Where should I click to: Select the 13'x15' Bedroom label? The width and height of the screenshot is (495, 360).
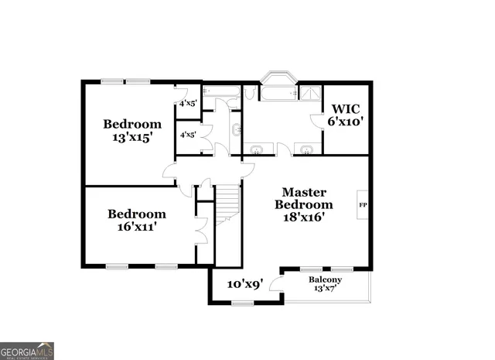click(133, 131)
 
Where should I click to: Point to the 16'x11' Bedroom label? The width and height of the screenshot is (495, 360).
click(137, 221)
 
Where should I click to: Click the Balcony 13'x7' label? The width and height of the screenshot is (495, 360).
click(326, 284)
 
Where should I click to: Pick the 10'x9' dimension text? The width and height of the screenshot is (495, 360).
click(245, 284)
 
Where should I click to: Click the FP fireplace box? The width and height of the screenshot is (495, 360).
click(362, 205)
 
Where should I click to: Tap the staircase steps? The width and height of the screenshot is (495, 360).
click(227, 203)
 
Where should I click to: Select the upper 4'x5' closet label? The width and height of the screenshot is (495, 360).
click(187, 103)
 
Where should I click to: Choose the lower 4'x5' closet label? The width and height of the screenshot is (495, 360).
click(187, 134)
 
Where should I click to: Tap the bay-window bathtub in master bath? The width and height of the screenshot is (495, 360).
click(276, 93)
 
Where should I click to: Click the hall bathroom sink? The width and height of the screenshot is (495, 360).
click(235, 129)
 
